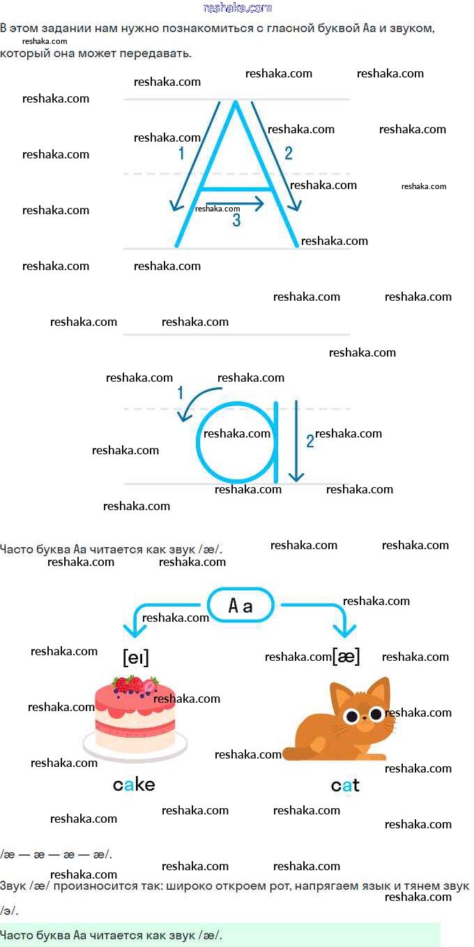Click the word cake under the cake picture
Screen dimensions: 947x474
(134, 785)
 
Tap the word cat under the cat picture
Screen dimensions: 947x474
(345, 786)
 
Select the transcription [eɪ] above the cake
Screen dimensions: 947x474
(136, 657)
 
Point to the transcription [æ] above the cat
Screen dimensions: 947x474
(346, 656)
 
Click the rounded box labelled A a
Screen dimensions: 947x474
(240, 606)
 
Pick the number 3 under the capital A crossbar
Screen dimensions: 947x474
(236, 221)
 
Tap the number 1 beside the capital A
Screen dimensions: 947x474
(181, 154)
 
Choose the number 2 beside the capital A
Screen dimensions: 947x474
(289, 154)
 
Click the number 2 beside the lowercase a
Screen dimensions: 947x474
(310, 441)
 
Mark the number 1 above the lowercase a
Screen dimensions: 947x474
(181, 394)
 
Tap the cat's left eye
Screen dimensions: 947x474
(351, 715)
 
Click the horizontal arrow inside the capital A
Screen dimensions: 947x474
(235, 204)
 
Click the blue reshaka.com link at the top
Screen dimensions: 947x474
(238, 8)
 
